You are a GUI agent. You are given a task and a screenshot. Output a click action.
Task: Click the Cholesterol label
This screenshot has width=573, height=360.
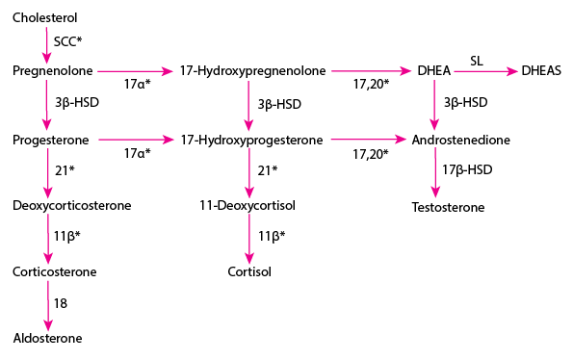pyautogui.click(x=45, y=17)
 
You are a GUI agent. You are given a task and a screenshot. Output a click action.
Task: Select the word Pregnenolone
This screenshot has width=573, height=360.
pyautogui.click(x=52, y=70)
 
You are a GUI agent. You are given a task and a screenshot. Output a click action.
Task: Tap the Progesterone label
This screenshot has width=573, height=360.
pyautogui.click(x=51, y=140)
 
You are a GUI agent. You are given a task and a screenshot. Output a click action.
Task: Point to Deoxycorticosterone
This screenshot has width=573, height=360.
pyautogui.click(x=72, y=205)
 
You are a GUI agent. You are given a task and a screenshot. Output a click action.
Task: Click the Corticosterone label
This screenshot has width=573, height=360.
pyautogui.click(x=55, y=271)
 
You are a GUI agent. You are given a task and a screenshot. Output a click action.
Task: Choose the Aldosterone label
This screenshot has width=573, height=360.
pyautogui.click(x=48, y=338)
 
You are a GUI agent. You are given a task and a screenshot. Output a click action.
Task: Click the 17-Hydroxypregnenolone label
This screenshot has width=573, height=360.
pyautogui.click(x=253, y=70)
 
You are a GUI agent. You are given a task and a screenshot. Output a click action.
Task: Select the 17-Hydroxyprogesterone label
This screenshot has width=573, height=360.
pyautogui.click(x=252, y=140)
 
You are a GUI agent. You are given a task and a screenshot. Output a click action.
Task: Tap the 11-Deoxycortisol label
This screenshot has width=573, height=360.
pyautogui.click(x=247, y=205)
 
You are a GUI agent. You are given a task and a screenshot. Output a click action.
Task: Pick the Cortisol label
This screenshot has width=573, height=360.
pyautogui.click(x=249, y=271)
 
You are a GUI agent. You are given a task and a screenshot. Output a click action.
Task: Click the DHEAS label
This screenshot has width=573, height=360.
pyautogui.click(x=544, y=70)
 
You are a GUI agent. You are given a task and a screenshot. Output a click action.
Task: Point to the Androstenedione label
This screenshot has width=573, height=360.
pyautogui.click(x=460, y=140)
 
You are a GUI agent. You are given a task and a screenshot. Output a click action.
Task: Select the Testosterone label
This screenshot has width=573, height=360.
pyautogui.click(x=448, y=207)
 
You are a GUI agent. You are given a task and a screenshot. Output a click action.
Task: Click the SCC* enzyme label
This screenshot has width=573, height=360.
pyautogui.click(x=69, y=42)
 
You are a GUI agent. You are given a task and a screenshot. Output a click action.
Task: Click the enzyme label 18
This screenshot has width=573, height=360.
pyautogui.click(x=60, y=303)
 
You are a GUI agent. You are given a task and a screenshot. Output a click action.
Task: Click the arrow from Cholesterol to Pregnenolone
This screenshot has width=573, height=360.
pyautogui.click(x=45, y=43)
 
